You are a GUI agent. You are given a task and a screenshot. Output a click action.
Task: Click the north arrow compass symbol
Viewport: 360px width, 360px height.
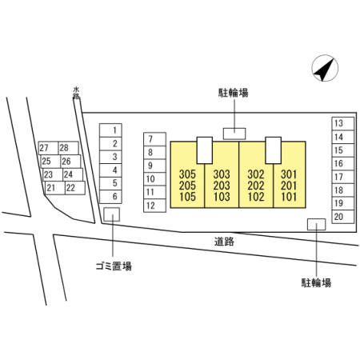point(325,68)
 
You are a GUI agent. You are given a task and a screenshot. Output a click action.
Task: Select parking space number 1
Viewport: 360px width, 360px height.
point(110,130)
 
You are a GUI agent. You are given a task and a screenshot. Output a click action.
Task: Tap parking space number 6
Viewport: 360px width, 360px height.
point(110,197)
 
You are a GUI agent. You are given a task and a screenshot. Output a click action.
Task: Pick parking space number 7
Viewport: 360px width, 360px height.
point(154,139)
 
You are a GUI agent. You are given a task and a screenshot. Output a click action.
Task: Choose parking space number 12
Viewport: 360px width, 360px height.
point(154,206)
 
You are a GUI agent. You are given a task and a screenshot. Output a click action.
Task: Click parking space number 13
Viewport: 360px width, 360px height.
point(343,123)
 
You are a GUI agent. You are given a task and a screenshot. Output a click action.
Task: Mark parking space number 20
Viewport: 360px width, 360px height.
point(343,217)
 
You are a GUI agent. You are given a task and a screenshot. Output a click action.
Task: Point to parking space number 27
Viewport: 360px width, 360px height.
point(48,148)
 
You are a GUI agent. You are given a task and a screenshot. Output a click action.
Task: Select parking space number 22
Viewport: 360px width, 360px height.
point(75,188)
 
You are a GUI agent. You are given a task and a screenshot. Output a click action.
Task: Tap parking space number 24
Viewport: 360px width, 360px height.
point(73,174)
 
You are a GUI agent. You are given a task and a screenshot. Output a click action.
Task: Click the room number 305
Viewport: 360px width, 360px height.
point(187,174)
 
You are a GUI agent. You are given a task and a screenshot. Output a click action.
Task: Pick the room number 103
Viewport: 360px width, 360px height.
point(222,197)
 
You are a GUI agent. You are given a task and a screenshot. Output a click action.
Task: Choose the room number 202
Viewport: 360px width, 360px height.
point(256,186)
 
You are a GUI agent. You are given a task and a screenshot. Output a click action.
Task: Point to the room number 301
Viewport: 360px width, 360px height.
point(289,174)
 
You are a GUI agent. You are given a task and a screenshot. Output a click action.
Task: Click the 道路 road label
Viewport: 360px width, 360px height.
point(224,242)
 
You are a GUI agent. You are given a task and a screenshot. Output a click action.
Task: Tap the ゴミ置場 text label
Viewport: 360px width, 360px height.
point(114,266)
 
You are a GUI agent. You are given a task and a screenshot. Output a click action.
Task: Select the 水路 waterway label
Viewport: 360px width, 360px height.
point(76,93)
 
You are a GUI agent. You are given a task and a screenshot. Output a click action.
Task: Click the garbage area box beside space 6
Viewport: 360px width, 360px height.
point(111,214)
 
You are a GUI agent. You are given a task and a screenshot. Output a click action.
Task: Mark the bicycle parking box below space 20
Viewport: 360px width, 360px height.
point(317,224)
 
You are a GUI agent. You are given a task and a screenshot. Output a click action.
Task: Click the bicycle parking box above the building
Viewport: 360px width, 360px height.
point(234,134)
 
